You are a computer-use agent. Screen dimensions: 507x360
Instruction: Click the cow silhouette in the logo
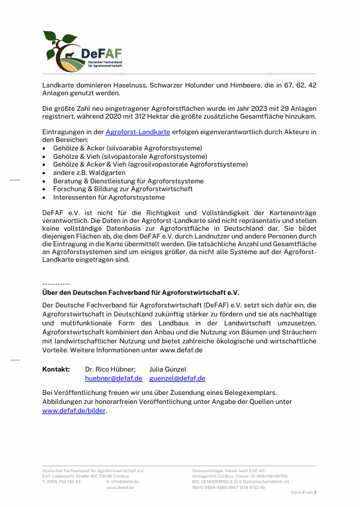[69, 56]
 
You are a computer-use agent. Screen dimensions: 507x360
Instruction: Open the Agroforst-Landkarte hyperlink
[138, 131]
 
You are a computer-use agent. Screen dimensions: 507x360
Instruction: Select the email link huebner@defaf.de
[113, 378]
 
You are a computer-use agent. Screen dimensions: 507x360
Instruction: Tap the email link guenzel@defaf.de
[177, 378]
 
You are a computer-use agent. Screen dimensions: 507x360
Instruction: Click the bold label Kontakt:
[56, 369]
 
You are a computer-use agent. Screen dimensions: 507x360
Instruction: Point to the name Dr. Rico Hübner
[110, 369]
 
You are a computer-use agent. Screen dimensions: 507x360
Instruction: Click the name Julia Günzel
[168, 369]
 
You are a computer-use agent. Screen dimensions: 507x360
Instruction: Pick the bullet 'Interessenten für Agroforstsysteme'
[108, 197]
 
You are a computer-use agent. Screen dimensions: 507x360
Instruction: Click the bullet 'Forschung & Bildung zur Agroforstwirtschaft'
[123, 189]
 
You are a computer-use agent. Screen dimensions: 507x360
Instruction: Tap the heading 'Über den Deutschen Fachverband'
[140, 292]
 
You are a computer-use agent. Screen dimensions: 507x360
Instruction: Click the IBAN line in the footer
[228, 487]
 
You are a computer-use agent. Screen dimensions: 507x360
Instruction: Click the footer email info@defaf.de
[125, 482]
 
